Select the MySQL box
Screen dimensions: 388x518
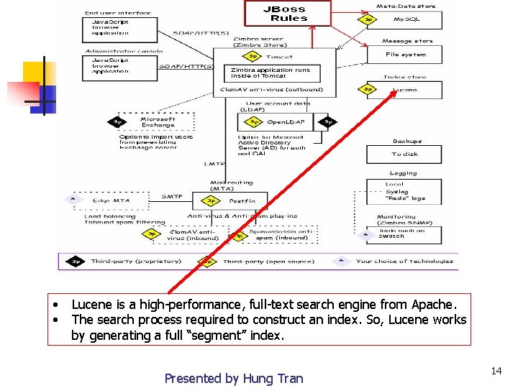[x=405, y=19]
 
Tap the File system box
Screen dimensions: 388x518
[x=405, y=55]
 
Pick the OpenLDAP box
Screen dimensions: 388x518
[x=286, y=122]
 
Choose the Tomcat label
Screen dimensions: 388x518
[x=278, y=56]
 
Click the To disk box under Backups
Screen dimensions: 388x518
[x=404, y=154]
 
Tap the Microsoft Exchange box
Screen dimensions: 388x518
[x=158, y=122]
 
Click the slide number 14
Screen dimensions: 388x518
[x=496, y=371]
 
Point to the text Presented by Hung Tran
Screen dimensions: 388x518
[x=234, y=378]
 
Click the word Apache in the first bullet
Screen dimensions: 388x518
[x=434, y=305]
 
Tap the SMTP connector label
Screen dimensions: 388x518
[x=172, y=196]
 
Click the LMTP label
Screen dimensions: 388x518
[x=214, y=164]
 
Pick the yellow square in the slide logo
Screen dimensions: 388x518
[x=35, y=72]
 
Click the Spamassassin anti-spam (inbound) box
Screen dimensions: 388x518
[x=281, y=235]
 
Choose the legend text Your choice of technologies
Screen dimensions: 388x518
[x=404, y=261]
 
